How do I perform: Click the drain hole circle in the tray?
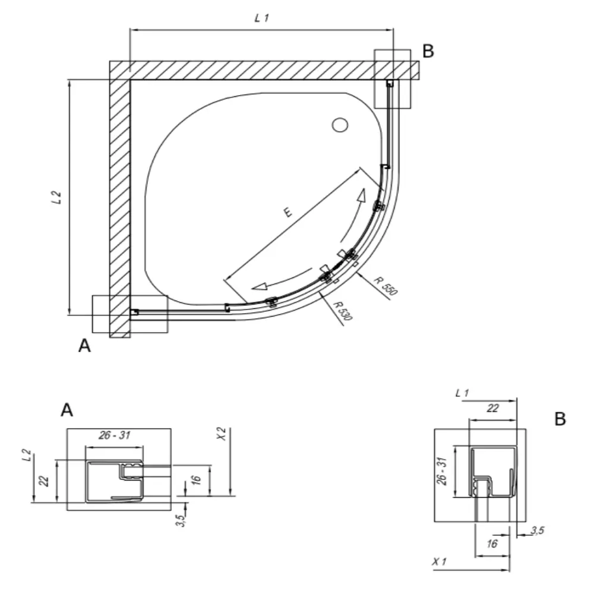click(340, 125)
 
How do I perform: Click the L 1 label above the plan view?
click(261, 17)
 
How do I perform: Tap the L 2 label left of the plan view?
click(56, 197)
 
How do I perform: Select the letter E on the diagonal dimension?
click(287, 212)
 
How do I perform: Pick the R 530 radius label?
click(343, 311)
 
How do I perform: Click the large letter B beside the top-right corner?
click(428, 51)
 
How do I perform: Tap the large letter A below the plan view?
click(84, 346)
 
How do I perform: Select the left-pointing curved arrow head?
click(260, 286)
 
